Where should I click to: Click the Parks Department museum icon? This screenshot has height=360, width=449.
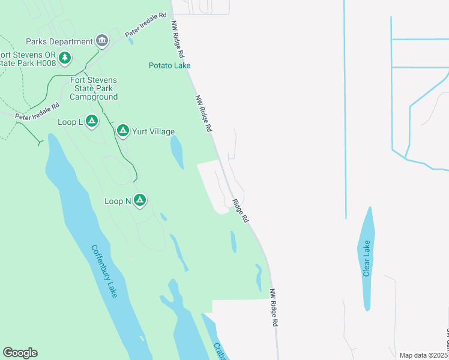(x=102, y=41)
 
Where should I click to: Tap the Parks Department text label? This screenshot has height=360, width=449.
(x=59, y=41)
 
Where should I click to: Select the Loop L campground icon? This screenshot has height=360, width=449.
(x=91, y=122)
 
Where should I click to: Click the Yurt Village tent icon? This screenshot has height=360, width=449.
(x=122, y=131)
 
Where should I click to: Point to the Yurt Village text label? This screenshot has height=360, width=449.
(x=154, y=132)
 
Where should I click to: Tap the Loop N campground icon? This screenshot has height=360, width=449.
(x=140, y=200)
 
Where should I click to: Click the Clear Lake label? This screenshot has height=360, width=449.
(x=367, y=259)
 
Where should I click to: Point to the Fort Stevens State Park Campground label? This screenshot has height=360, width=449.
(x=94, y=88)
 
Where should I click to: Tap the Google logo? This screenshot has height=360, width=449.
(x=20, y=353)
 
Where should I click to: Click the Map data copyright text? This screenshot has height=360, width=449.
(x=424, y=355)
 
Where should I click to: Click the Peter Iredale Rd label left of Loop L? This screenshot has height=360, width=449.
(x=37, y=112)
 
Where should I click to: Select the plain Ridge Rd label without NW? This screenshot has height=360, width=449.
(x=240, y=211)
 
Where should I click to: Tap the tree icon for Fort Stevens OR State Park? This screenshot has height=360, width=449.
(x=65, y=58)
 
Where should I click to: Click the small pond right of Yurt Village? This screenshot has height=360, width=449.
(x=177, y=152)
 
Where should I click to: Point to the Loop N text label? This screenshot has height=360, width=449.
(x=118, y=202)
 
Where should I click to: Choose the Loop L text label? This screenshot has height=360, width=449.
(x=70, y=122)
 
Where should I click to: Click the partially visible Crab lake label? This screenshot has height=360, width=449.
(x=219, y=352)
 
